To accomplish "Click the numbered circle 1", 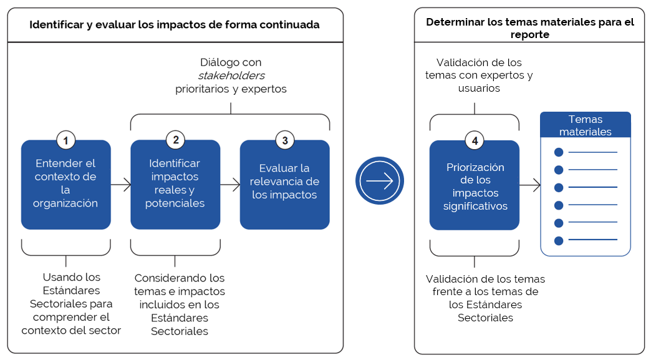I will tap(65, 140).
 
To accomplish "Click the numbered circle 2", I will tap(175, 140).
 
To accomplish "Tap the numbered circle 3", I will tap(285, 140).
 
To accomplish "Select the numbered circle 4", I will tap(475, 141).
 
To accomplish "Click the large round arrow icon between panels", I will tap(380, 181).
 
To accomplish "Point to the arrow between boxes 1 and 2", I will tap(121, 185).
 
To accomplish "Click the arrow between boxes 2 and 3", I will tap(230, 185).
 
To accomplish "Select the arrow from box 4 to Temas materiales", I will tap(530, 185).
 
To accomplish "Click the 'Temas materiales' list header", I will tap(585, 125).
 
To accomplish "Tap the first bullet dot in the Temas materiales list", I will tap(559, 152).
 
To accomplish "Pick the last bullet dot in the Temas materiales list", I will tap(559, 240).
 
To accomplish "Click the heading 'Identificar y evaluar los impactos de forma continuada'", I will tap(175, 25).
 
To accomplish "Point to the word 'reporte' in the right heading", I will tap(529, 35).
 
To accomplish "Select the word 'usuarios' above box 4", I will tap(479, 89).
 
